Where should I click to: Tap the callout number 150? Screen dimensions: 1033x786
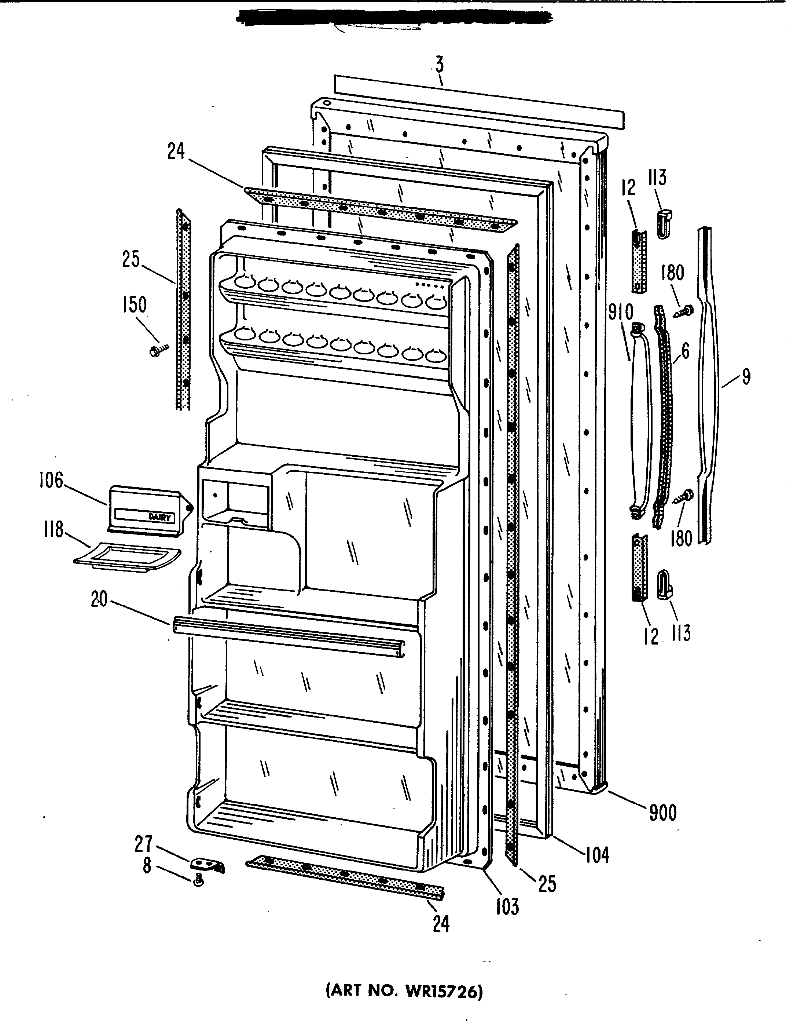click(134, 305)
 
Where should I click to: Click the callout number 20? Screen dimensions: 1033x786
click(99, 599)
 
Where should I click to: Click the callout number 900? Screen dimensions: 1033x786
click(662, 813)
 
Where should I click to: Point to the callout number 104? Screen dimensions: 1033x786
click(597, 855)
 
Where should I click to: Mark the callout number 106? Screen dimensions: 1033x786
click(51, 480)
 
